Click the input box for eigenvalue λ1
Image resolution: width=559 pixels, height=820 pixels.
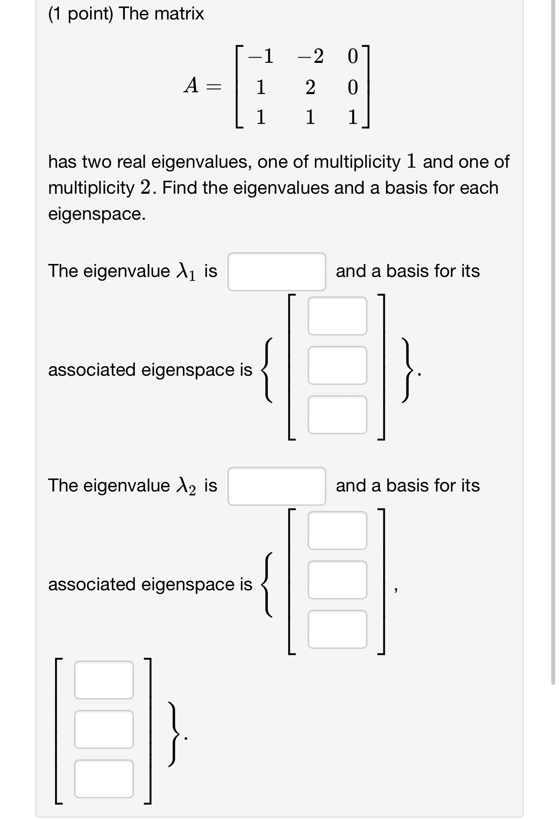(276, 272)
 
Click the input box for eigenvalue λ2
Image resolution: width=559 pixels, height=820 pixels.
(276, 486)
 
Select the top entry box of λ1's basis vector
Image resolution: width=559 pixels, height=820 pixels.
(337, 316)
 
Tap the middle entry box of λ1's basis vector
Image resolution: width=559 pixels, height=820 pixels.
(337, 365)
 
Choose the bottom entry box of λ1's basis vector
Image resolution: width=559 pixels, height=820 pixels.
(337, 415)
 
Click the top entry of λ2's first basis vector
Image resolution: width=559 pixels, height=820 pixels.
(337, 530)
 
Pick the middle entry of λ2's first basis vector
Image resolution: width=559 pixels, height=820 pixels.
(337, 580)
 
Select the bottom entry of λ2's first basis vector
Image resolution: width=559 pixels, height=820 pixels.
(337, 629)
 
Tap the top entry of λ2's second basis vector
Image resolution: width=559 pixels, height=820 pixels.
(104, 680)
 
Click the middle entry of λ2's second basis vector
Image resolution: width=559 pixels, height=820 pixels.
(104, 729)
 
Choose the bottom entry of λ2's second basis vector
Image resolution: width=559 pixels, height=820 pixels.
(104, 779)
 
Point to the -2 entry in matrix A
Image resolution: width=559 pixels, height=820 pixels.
(311, 56)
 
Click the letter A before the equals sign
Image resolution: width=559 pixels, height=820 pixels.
(191, 85)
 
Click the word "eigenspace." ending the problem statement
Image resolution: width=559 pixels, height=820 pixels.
(97, 214)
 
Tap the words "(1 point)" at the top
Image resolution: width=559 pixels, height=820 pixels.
(81, 14)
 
